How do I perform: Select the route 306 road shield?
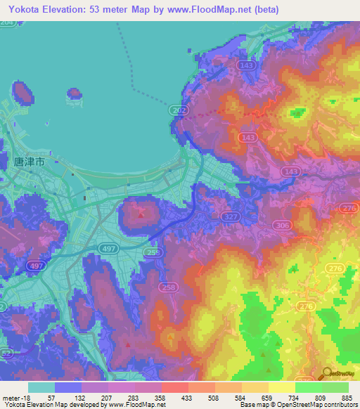[x=283, y=225]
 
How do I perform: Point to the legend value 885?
[x=346, y=397]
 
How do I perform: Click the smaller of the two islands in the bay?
[x=75, y=93]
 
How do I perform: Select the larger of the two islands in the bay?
[x=22, y=93]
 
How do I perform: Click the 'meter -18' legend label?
[x=15, y=397]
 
